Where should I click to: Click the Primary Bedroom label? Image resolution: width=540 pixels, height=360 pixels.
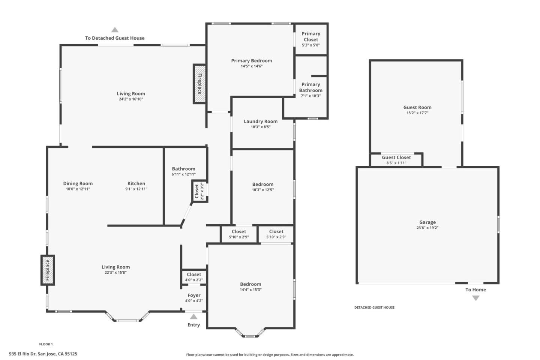[x=252, y=61]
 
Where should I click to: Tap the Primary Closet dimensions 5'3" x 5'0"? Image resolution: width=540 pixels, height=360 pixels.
[x=311, y=45]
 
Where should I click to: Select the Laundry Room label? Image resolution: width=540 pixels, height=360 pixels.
[x=261, y=121]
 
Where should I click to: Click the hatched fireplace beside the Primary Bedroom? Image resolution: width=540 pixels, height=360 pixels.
[x=199, y=84]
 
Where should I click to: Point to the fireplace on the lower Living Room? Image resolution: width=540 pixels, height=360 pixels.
[x=48, y=270]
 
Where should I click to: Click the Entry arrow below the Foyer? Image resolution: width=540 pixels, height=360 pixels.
[x=193, y=316]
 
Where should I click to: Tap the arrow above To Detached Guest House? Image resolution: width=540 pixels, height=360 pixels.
[x=115, y=30]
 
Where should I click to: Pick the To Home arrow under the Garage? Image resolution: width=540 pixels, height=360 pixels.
[x=475, y=298]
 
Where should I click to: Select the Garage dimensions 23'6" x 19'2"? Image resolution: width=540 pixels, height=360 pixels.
[x=427, y=228]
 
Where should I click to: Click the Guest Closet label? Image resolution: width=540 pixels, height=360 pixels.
[x=396, y=157]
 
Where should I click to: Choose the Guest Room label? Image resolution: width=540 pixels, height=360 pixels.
[x=417, y=107]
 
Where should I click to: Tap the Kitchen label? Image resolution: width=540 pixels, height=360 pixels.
[x=136, y=183]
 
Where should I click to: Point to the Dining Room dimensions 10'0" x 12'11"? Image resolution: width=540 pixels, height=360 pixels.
[x=78, y=189]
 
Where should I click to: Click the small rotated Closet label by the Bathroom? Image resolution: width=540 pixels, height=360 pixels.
[x=196, y=191]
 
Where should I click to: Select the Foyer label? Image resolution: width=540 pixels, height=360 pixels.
[x=194, y=295]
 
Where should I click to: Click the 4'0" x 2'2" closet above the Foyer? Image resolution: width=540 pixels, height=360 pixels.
[x=194, y=277]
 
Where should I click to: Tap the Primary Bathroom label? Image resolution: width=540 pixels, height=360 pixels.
[x=311, y=87]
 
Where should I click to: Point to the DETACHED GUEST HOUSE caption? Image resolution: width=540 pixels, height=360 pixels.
[x=374, y=307]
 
